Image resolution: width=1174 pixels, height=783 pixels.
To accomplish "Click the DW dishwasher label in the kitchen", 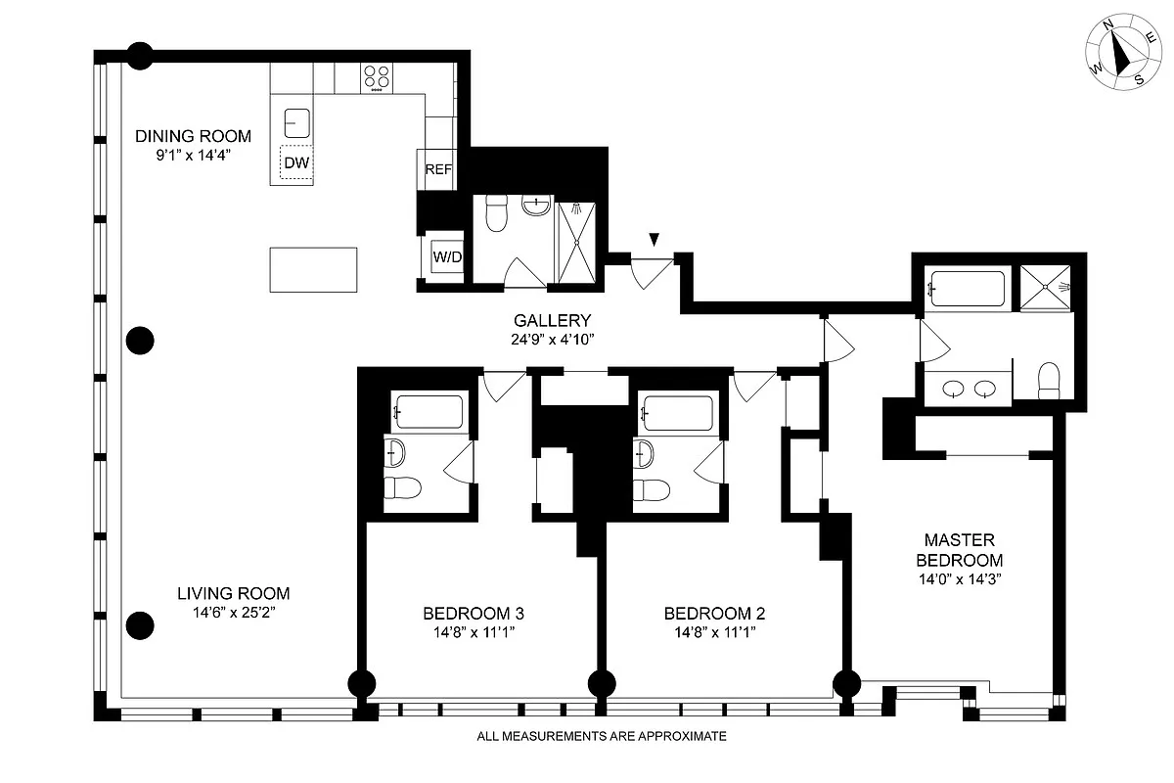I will pos(296,163).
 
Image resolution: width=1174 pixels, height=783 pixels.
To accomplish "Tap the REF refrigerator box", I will pos(438,169).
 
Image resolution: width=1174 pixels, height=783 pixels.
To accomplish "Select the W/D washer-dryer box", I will pos(447,257).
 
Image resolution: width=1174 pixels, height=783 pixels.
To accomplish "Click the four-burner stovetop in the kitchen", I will pos(377,76).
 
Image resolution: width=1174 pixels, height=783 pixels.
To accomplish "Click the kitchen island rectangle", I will pos(313,269).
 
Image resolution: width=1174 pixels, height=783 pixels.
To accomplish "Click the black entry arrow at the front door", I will pos(654,239).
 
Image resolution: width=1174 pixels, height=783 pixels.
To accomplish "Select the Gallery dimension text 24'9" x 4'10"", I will pos(554,339).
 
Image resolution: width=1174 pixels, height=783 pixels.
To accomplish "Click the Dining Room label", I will pos(193,136).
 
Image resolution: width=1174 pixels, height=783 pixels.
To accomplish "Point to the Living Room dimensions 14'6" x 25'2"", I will pos(233,614).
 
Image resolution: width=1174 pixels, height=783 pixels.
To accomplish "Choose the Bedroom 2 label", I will pos(714,614).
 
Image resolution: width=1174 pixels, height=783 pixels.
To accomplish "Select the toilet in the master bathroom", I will pos(1049,380).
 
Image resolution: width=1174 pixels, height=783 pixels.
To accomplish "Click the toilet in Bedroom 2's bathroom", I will pos(650,488).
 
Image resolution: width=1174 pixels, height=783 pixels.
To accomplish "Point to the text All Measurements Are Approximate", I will pos(601,736).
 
